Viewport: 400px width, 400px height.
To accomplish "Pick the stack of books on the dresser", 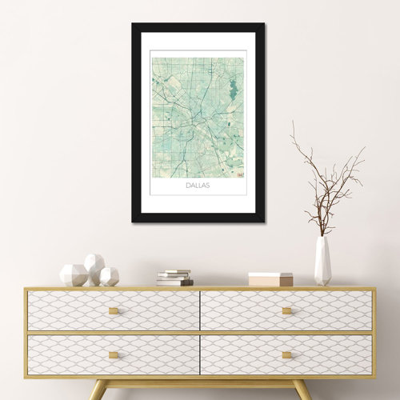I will pyautogui.click(x=174, y=278).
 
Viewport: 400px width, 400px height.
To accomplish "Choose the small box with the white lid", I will pyautogui.click(x=270, y=278).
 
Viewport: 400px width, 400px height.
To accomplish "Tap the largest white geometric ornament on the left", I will pyautogui.click(x=73, y=275).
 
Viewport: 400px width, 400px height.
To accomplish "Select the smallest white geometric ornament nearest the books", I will pyautogui.click(x=110, y=277).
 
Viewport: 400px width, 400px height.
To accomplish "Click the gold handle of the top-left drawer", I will pyautogui.click(x=113, y=310).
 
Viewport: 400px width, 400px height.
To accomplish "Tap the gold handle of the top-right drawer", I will pyautogui.click(x=286, y=310).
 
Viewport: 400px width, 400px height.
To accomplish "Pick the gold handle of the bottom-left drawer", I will pyautogui.click(x=113, y=354).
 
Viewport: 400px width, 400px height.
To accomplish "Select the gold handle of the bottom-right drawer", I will pyautogui.click(x=286, y=354).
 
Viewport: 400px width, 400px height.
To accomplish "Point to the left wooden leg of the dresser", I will pyautogui.click(x=96, y=390).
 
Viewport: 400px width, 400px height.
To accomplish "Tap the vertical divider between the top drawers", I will pyautogui.click(x=200, y=310).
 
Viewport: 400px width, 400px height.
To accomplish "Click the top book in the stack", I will pyautogui.click(x=176, y=272).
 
